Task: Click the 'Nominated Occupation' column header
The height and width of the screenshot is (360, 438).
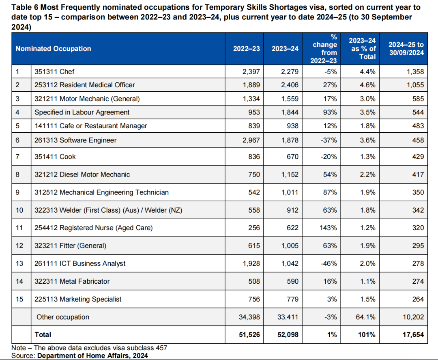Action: pyautogui.click(x=54, y=49)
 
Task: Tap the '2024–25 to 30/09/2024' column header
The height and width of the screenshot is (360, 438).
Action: pyautogui.click(x=406, y=49)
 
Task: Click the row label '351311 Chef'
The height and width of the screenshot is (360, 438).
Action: pyautogui.click(x=54, y=71)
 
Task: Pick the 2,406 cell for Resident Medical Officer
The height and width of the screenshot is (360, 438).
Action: pyautogui.click(x=290, y=85)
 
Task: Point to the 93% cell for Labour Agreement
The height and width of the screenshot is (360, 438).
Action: pyautogui.click(x=330, y=112)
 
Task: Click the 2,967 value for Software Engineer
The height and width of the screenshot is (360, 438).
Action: pyautogui.click(x=251, y=140)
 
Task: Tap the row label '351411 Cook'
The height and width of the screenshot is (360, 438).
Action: pyautogui.click(x=55, y=157)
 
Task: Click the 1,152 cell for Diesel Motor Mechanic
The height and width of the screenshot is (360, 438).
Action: pyautogui.click(x=290, y=175)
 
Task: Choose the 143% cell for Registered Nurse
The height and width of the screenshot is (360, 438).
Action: pyautogui.click(x=328, y=228)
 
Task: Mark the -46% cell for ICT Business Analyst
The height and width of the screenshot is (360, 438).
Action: pyautogui.click(x=329, y=263)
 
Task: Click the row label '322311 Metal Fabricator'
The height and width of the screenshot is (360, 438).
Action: pyautogui.click(x=72, y=281)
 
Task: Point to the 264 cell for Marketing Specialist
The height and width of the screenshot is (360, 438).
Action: pyautogui.click(x=418, y=300)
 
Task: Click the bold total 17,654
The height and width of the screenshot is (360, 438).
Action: pyautogui.click(x=413, y=334)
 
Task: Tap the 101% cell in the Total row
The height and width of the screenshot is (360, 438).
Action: pyautogui.click(x=367, y=334)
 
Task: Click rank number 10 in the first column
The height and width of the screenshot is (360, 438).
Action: pyautogui.click(x=19, y=210)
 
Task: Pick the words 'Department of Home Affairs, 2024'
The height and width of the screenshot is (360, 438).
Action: pyautogui.click(x=92, y=356)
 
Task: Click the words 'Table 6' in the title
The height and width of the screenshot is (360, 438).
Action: pyautogui.click(x=25, y=7)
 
